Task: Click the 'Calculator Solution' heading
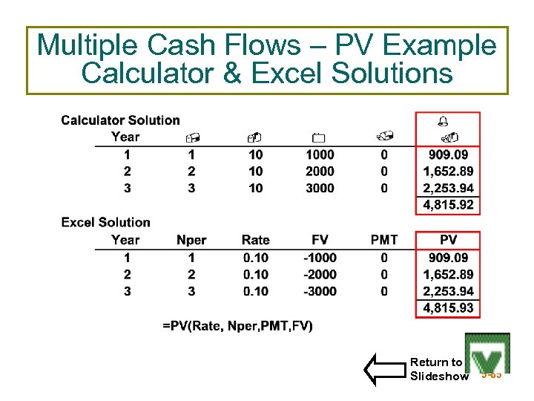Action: (120, 120)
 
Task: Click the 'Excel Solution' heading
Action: (105, 222)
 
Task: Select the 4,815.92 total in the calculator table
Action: (448, 205)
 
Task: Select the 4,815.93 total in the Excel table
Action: (448, 308)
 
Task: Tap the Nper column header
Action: (191, 240)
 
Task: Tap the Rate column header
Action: (256, 240)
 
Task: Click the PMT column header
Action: (384, 240)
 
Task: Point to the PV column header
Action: (448, 240)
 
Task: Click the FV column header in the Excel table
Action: (320, 240)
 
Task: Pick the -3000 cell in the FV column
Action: (320, 291)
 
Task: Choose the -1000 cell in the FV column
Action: (320, 258)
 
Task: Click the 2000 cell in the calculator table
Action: (320, 172)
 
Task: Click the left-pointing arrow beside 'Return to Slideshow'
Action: (383, 369)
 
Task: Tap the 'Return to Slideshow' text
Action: (438, 369)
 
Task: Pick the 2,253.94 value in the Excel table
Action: (448, 291)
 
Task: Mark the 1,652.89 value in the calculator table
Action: (448, 172)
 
